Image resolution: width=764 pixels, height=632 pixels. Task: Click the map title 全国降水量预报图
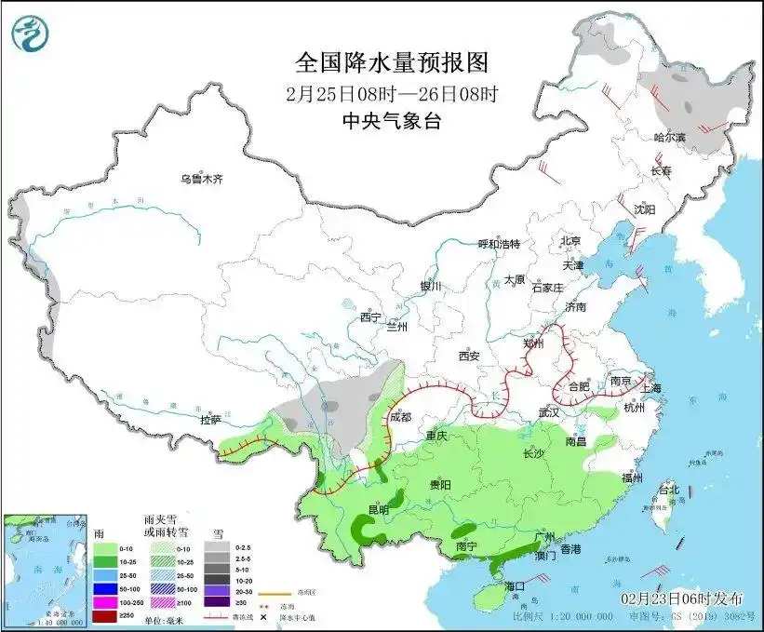tap(391, 63)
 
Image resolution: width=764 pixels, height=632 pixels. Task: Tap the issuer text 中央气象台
tap(391, 120)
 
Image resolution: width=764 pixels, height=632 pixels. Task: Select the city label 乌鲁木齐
tap(201, 179)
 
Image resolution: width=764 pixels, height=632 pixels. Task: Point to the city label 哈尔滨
tap(668, 137)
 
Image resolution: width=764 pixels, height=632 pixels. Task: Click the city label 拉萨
tap(210, 420)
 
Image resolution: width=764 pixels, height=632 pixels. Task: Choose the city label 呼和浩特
tap(499, 244)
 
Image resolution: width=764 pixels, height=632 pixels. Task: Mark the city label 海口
tap(516, 585)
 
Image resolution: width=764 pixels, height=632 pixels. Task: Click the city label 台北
tap(669, 489)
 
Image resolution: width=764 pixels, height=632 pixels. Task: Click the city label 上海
tap(648, 388)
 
